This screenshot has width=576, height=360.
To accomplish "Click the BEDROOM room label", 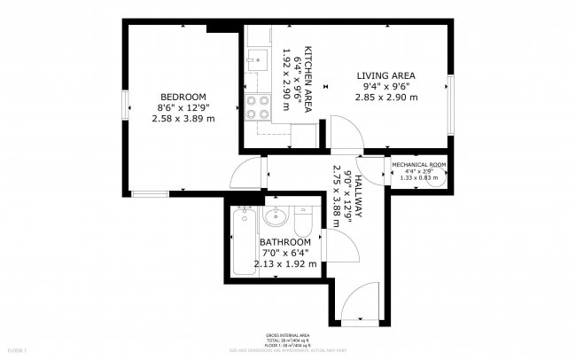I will click(x=183, y=97).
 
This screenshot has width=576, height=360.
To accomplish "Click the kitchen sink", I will click(x=257, y=59).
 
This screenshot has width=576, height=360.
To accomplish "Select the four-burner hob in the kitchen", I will click(x=257, y=107).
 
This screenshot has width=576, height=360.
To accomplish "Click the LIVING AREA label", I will click(x=386, y=75).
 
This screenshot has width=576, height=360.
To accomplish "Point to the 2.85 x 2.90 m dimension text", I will click(x=386, y=97).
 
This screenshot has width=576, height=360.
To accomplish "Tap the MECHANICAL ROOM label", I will click(x=418, y=165).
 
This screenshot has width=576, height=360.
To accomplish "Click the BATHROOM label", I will click(x=285, y=242).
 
